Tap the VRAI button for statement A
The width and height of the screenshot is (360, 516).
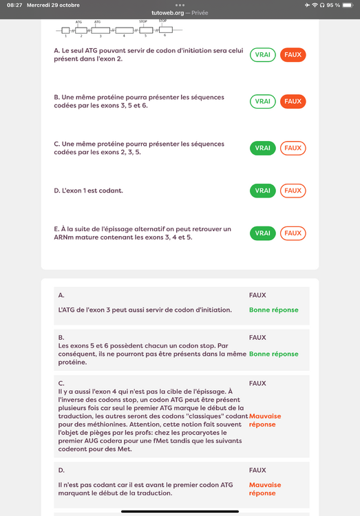click(x=262, y=55)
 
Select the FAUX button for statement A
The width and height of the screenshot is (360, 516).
click(x=293, y=55)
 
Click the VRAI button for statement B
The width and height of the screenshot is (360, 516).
click(x=262, y=102)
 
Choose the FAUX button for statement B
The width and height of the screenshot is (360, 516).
click(x=293, y=102)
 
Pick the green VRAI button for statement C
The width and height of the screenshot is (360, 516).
click(x=262, y=148)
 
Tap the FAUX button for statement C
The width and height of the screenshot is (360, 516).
click(x=293, y=148)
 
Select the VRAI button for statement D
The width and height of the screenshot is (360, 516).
click(x=262, y=191)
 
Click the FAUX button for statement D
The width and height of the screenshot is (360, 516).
click(x=293, y=191)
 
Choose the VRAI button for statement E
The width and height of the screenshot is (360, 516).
click(x=262, y=233)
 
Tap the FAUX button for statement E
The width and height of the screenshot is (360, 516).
click(x=293, y=233)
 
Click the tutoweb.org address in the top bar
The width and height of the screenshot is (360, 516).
click(x=169, y=13)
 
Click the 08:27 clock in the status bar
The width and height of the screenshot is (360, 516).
click(x=14, y=5)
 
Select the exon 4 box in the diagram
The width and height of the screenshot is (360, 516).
click(x=124, y=30)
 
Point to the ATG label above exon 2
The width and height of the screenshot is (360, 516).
click(x=78, y=22)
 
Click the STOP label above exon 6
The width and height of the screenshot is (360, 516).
click(x=162, y=21)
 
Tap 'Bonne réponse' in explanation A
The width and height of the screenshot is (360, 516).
click(x=273, y=310)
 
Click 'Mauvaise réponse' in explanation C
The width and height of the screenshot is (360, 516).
click(x=265, y=420)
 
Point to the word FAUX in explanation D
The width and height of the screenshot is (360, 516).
click(x=257, y=471)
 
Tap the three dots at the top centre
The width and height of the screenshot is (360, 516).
click(x=180, y=5)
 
